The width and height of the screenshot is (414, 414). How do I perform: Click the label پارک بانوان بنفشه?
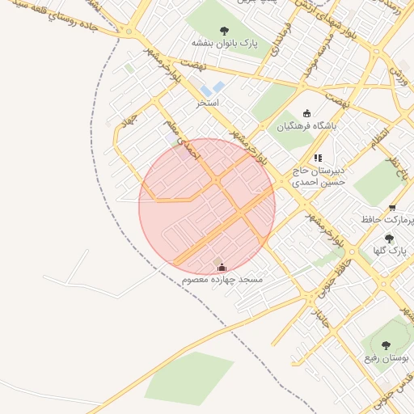(224, 43)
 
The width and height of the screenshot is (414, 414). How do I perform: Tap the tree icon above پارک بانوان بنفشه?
(224, 31)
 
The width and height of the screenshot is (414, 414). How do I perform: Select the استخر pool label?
(208, 103)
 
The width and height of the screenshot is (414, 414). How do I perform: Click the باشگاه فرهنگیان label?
(306, 126)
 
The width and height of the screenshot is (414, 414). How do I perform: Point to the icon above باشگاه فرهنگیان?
(306, 114)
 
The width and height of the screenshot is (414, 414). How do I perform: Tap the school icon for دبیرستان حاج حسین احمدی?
(318, 158)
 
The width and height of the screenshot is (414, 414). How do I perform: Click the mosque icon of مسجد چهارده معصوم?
(222, 267)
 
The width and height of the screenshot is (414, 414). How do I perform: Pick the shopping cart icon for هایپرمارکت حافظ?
(392, 208)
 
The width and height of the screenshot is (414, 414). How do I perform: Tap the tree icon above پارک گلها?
(389, 239)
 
